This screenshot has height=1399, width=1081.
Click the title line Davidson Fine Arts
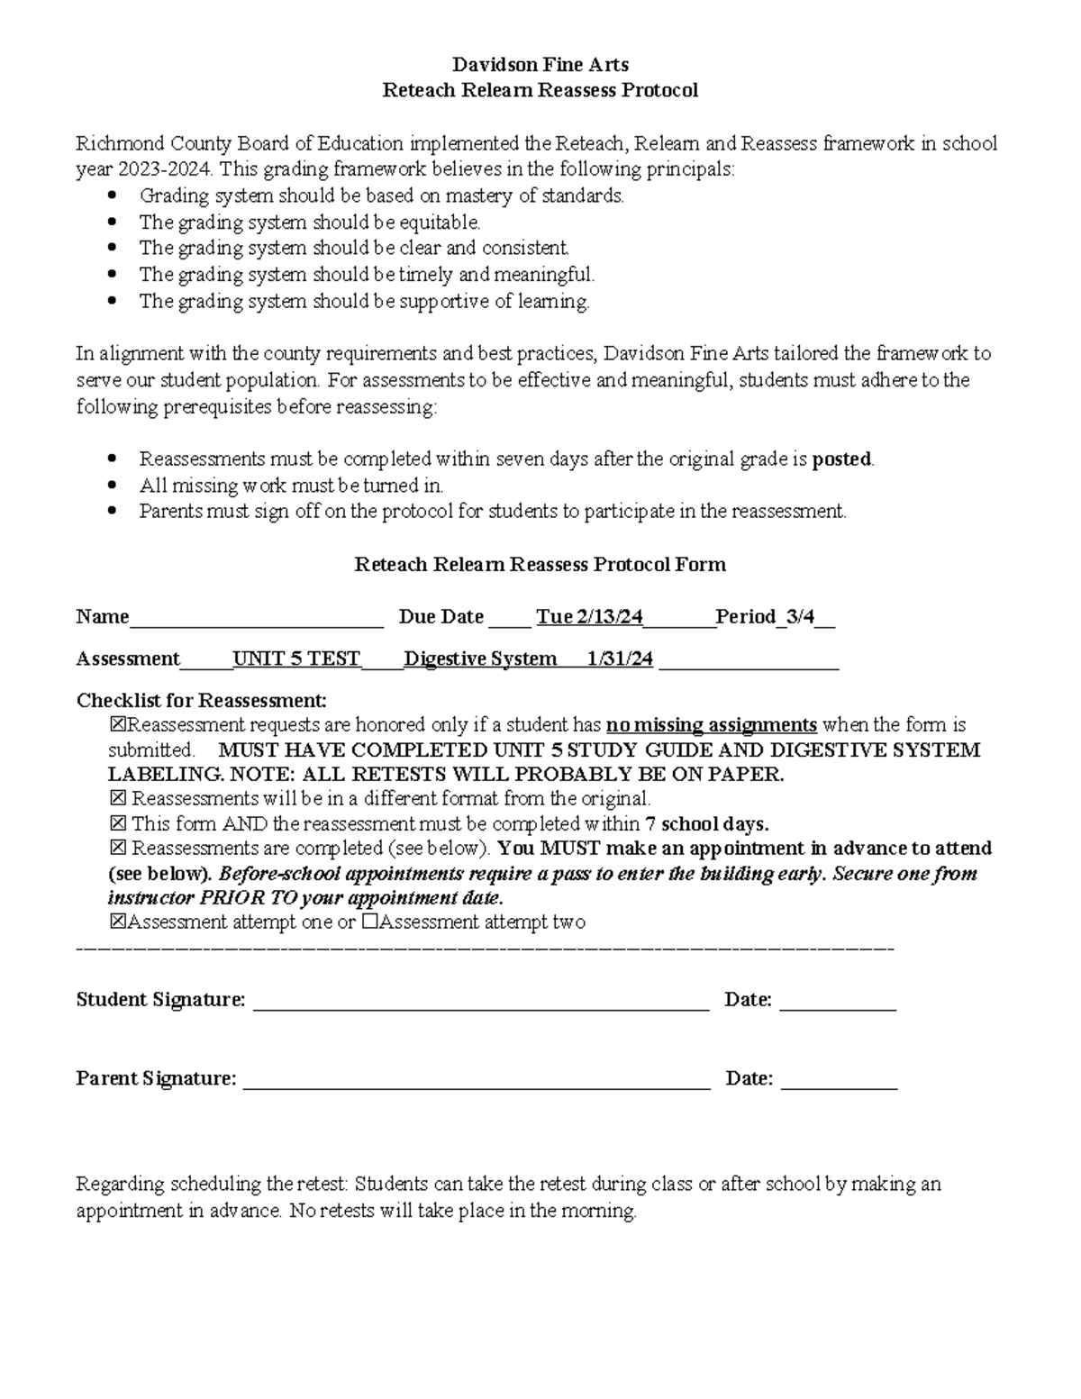(x=540, y=64)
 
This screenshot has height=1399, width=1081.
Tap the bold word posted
(x=841, y=459)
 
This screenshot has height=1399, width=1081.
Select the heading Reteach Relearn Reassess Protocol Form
(x=540, y=565)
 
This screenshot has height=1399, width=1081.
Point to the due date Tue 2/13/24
(x=589, y=617)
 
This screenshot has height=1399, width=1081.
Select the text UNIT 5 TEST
(x=296, y=659)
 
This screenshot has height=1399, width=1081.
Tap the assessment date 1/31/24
(x=620, y=659)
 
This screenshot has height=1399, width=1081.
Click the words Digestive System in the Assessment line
(x=480, y=659)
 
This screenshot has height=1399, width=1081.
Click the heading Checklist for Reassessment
(x=202, y=701)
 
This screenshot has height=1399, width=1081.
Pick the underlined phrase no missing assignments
(x=712, y=725)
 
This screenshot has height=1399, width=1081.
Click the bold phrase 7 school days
(x=707, y=824)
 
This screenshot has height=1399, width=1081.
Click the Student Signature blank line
(x=481, y=1002)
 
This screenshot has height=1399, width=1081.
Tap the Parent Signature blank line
(x=477, y=1080)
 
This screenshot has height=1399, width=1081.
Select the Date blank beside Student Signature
(x=837, y=1002)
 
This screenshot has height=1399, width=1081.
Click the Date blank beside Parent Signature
(x=839, y=1080)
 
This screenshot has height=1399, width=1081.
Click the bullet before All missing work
(x=112, y=486)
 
